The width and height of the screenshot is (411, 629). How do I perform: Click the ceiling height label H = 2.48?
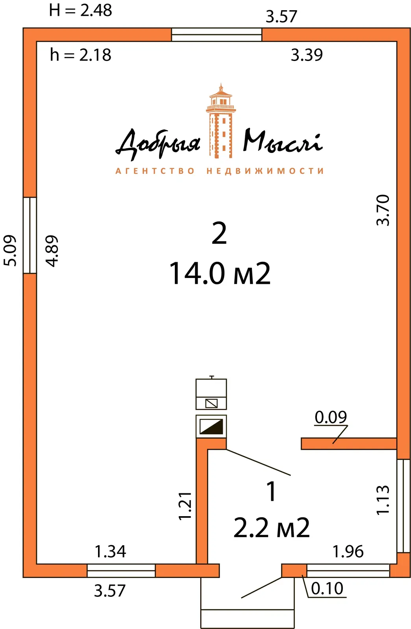point(80,11)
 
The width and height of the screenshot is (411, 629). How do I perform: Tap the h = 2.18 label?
point(80,55)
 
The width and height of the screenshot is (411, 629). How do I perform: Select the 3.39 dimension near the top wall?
point(307,55)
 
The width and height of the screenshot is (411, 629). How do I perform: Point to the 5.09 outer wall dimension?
point(10,250)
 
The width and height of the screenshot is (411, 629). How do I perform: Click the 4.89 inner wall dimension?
point(52,251)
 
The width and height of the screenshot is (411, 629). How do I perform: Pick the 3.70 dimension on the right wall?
point(383,210)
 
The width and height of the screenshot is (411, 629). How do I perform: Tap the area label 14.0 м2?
point(220,274)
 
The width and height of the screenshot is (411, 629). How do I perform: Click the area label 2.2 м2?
point(271,528)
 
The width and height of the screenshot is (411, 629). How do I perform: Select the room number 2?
point(219,233)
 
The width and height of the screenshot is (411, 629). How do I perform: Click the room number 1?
point(271,491)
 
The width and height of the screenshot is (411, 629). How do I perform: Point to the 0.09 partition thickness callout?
point(331,417)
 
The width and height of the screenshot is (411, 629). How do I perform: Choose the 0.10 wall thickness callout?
point(327,589)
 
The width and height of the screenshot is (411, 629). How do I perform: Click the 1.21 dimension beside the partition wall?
point(185,506)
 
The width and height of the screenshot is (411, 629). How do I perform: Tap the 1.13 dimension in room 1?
point(383,500)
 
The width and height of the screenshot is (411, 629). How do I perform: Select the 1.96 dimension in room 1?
point(348,552)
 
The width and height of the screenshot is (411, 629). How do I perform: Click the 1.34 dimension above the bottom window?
point(110,552)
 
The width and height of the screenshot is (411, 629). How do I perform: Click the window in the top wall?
point(217,35)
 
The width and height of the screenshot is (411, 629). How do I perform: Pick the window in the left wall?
point(30,235)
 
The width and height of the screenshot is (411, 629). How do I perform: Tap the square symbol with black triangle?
point(211,427)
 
